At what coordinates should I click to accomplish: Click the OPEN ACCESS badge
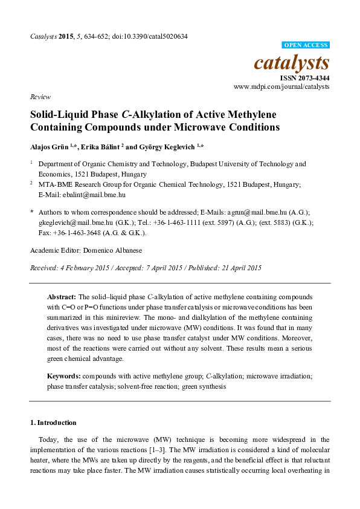pyautogui.click(x=306, y=45)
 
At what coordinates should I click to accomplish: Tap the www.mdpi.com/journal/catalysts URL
pyautogui.click(x=281, y=87)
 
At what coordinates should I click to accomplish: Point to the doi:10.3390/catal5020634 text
pyautogui.click(x=150, y=36)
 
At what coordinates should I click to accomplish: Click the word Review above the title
pyautogui.click(x=39, y=96)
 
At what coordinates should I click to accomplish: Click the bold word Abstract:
pyautogui.click(x=62, y=297)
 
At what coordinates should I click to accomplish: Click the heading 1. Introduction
pyautogui.click(x=54, y=423)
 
